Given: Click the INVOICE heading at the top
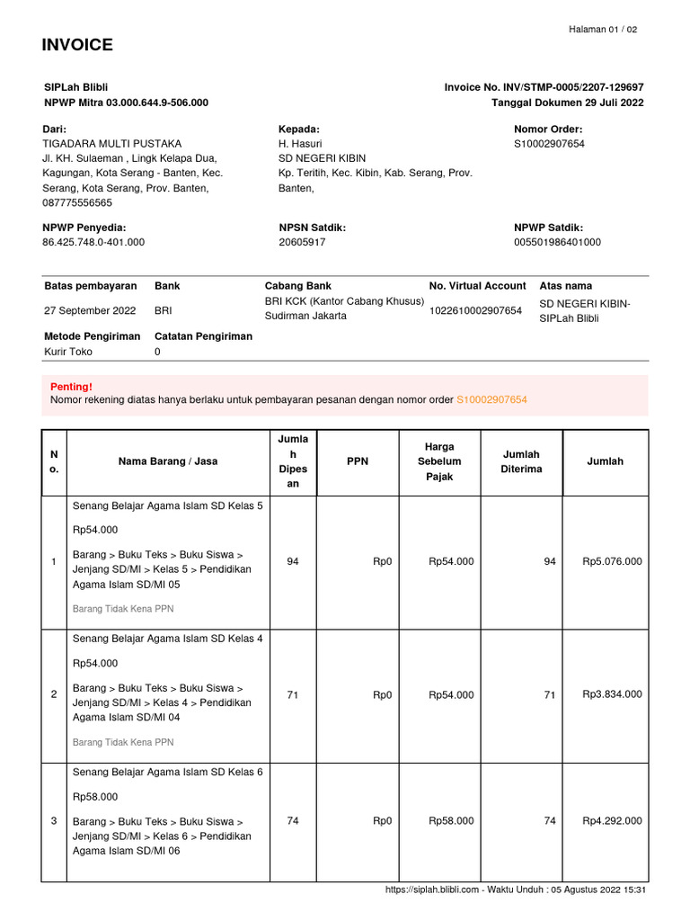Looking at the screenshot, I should [77, 46].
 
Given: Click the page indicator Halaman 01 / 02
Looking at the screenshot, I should [603, 30].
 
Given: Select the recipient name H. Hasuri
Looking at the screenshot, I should [300, 143].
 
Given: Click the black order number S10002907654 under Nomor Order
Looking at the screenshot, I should [549, 143].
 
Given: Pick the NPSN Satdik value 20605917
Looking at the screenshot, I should [302, 242].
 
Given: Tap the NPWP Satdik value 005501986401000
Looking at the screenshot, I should [557, 242].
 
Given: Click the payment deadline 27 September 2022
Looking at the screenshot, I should [90, 310].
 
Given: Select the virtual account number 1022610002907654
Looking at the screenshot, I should [475, 310].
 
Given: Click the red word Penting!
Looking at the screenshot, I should [71, 387].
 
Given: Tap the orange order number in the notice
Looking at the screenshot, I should [491, 399].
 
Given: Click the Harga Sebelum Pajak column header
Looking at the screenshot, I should [439, 461].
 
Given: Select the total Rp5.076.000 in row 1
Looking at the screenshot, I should [612, 561].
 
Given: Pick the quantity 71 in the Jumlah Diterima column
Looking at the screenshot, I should [549, 694].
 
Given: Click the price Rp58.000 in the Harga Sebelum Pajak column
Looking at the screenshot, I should [451, 820].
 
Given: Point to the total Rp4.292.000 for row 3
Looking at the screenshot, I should [612, 820].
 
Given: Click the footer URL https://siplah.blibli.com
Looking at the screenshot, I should [431, 890].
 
